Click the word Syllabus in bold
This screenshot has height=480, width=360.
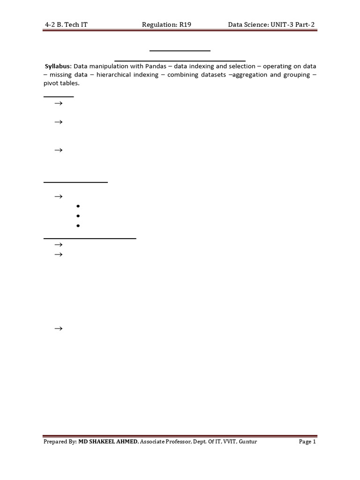58,66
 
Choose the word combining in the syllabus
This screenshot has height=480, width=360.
183,75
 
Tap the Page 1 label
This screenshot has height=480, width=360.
307,442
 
